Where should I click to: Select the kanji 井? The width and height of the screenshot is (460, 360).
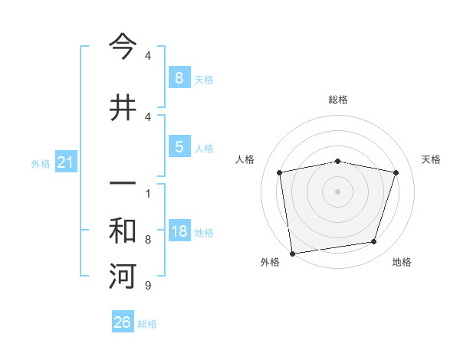123,107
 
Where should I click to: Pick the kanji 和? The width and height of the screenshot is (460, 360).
123,231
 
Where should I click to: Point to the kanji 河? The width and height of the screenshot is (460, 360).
123,277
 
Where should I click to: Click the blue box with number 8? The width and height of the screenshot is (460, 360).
179,77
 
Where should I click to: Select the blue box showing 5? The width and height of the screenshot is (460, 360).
179,147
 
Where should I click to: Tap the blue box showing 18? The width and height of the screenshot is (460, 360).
179,232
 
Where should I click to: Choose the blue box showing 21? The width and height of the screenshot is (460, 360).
65,162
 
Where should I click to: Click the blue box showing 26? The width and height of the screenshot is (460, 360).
122,322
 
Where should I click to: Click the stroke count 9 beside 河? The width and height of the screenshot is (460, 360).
147,286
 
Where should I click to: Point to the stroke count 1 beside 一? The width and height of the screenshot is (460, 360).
147,192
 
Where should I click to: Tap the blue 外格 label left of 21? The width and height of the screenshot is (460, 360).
41,163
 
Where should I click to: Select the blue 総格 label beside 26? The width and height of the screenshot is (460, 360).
147,324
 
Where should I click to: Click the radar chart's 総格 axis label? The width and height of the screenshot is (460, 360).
337,100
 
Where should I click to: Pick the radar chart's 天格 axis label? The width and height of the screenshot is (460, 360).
432,159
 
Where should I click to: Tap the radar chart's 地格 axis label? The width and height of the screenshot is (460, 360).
402,262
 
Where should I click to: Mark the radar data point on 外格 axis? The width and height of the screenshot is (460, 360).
292,253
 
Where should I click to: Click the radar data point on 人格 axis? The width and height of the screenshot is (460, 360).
280,172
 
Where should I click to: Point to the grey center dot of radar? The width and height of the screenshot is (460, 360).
337,191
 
